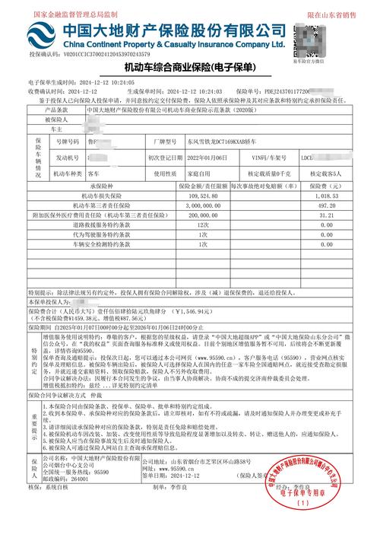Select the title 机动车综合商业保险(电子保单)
click(x=189, y=69)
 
